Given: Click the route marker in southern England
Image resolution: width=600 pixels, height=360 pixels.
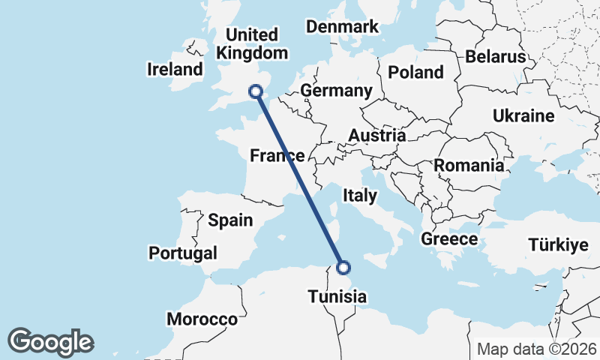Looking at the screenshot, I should (256, 91).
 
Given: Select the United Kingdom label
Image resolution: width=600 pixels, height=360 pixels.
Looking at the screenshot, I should (252, 43).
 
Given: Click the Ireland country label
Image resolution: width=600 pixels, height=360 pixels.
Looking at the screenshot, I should (175, 70).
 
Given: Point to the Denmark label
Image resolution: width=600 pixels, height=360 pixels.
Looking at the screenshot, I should (342, 27).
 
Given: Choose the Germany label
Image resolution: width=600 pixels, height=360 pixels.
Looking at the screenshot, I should (336, 91).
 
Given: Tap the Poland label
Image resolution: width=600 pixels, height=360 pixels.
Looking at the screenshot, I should (415, 72).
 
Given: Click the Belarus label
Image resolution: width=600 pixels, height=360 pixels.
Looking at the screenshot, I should (495, 56).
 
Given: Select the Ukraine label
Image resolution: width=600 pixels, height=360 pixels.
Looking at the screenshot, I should (523, 115).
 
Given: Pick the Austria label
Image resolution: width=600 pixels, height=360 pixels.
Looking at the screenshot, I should (376, 136).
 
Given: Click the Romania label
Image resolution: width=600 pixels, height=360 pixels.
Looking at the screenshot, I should (469, 165).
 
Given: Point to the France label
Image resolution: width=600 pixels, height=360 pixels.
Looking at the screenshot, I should (277, 156).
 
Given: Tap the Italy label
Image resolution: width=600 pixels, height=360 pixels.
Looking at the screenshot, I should (359, 195).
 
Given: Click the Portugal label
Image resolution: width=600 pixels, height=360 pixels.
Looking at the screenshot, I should (183, 253).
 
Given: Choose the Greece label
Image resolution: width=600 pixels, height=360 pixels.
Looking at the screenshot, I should (449, 239).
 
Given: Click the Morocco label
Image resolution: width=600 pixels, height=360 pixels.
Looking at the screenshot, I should (202, 319).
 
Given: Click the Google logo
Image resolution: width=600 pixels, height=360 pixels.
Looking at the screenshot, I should (50, 342).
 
